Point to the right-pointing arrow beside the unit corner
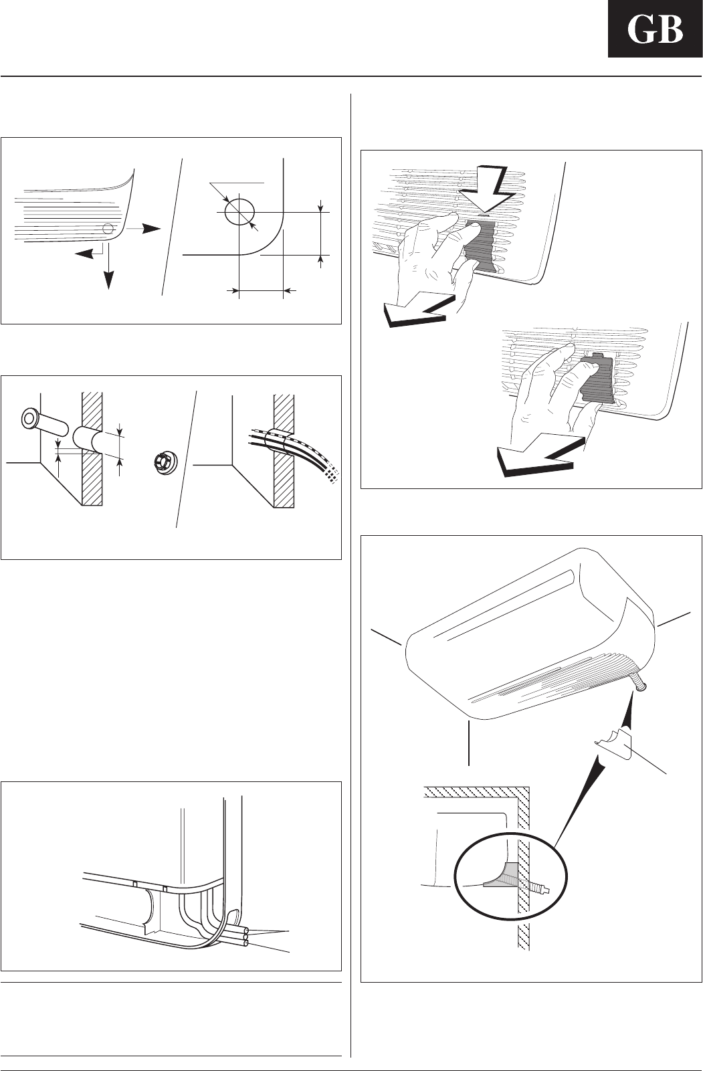pos(148,228)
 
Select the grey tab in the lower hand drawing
pos(596,381)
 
